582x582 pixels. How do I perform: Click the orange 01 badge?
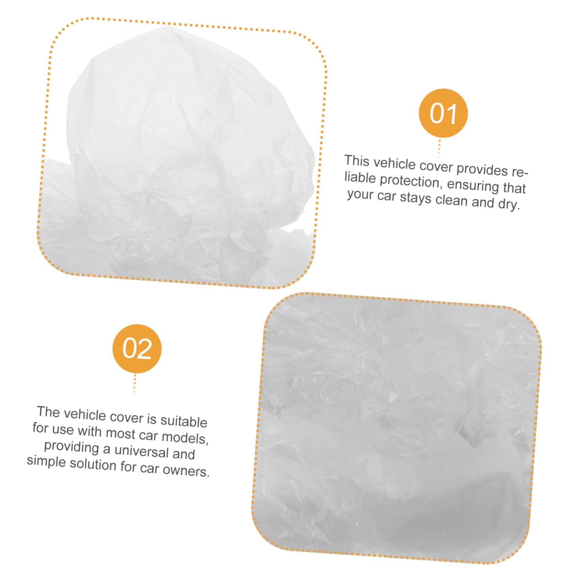pos(443,113)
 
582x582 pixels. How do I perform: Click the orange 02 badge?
pos(137,349)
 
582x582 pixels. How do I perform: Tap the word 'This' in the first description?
pos(357,161)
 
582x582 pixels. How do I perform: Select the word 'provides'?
pos(482,169)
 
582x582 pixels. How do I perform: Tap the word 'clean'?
pos(451,200)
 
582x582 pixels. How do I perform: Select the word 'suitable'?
pos(184,421)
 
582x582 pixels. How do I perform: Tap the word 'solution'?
pos(93,464)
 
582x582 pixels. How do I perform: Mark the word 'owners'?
pos(186,471)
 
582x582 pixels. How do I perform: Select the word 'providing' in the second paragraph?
pos(71,447)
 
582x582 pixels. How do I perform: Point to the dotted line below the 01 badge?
pos(439,148)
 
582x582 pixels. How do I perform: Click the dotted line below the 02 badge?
pos(135,385)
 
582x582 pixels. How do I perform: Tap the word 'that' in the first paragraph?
pos(514,188)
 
